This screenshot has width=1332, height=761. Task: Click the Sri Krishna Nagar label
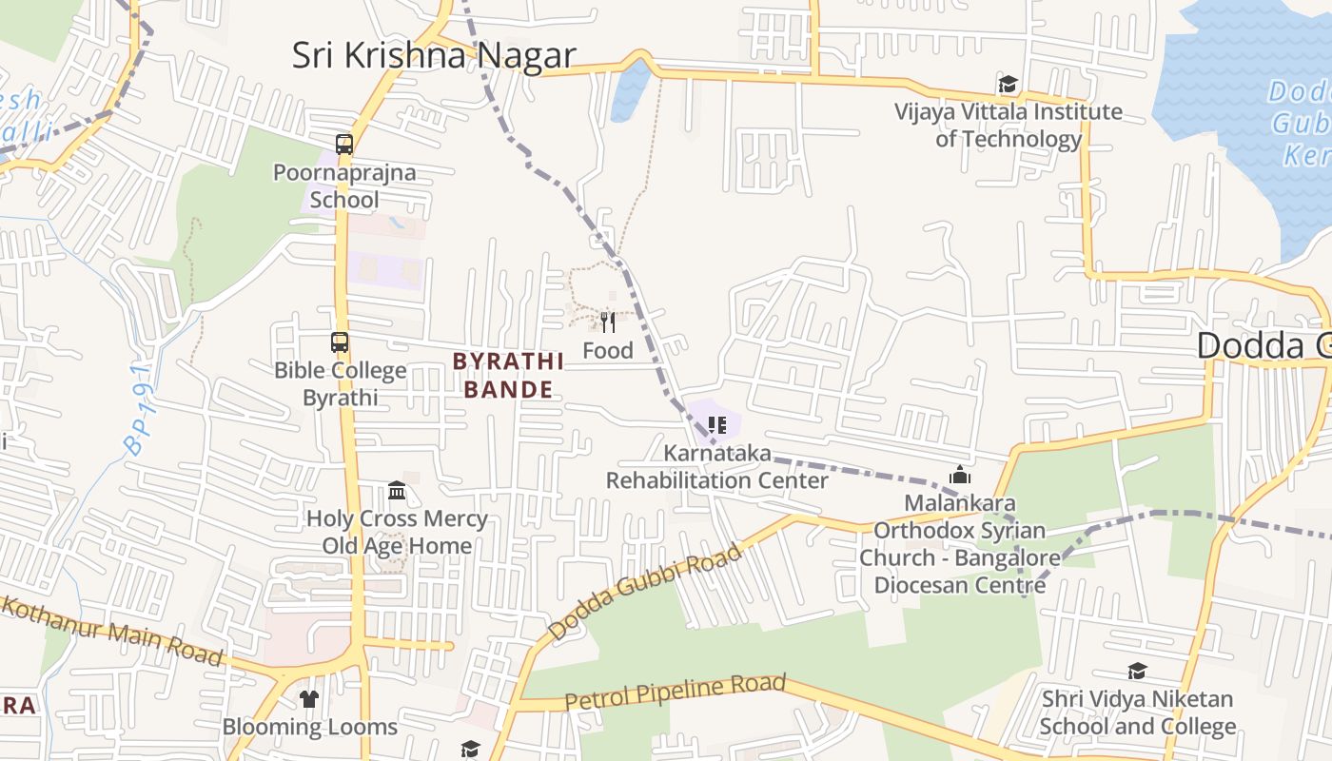tap(434, 55)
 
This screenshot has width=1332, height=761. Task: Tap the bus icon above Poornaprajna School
tap(344, 145)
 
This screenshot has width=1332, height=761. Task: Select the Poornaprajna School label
tap(344, 186)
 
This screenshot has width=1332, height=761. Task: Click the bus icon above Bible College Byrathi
tap(340, 342)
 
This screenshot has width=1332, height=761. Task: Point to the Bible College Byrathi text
tap(340, 384)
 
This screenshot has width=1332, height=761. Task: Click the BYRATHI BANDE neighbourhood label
tap(508, 375)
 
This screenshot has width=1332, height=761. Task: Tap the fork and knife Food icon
tap(608, 322)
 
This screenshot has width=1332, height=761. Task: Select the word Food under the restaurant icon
tap(608, 351)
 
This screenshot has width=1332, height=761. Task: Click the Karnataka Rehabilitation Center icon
tap(717, 424)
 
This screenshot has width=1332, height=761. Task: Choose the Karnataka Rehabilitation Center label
tap(717, 467)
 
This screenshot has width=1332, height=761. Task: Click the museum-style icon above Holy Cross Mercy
tap(397, 491)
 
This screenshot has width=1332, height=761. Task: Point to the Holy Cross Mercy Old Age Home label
tap(397, 533)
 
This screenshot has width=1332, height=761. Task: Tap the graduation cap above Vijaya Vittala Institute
tap(1008, 85)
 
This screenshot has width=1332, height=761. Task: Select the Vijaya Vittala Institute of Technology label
tap(1008, 126)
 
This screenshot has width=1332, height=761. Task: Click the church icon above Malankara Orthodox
tap(960, 475)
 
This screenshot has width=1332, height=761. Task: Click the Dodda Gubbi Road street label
tap(644, 592)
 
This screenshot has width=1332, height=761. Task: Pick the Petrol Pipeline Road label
tap(676, 693)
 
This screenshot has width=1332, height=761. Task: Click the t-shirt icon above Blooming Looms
tap(309, 699)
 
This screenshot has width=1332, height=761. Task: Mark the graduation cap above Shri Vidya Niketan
tap(1137, 672)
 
